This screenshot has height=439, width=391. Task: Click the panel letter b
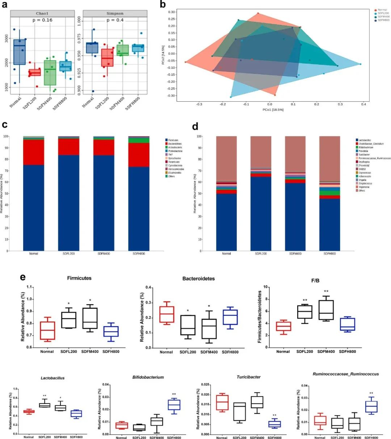coord(163,4)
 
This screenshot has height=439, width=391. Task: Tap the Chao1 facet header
coord(42,13)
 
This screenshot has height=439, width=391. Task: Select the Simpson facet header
coord(115,13)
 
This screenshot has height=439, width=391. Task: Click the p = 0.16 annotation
coord(42,20)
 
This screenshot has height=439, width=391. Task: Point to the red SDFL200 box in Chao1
coord(35,72)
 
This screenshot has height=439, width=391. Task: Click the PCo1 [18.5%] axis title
coord(273,110)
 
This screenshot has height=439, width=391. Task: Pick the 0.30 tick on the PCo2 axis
coord(171,12)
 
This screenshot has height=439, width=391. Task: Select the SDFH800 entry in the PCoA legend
coord(383,20)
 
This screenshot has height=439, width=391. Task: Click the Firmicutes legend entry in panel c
coord(173,140)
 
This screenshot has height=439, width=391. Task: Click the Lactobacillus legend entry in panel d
coord(365,140)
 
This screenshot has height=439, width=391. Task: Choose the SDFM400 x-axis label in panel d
coord(295,253)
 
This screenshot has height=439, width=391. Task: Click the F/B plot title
coord(315,280)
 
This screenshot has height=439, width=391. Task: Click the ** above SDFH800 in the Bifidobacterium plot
coord(174,395)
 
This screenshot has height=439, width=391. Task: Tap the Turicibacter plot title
coord(249,377)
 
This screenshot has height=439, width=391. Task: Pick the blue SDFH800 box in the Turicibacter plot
coord(275,424)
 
